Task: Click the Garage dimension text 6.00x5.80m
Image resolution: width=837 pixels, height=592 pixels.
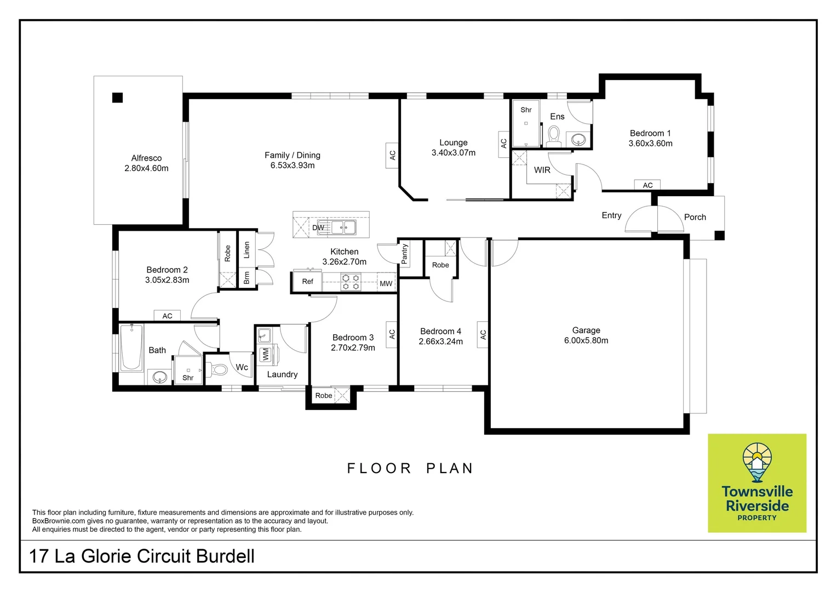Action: [586, 340]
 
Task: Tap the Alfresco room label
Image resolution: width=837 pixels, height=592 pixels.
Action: [146, 158]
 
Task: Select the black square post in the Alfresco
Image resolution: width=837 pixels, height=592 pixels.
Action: [117, 98]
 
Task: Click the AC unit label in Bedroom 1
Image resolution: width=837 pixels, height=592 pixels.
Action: [647, 185]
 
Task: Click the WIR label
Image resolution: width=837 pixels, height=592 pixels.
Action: [542, 170]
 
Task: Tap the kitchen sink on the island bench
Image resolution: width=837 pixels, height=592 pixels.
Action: [343, 227]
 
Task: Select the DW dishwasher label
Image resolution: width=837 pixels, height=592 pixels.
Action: [318, 227]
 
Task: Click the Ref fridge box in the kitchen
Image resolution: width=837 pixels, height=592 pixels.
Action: [307, 281]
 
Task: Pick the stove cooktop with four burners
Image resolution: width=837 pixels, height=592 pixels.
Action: [351, 282]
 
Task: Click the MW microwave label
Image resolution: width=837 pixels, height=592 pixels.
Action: [386, 283]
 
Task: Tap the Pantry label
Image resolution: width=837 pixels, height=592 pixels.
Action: [405, 254]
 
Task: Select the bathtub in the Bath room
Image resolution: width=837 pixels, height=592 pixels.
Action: [131, 347]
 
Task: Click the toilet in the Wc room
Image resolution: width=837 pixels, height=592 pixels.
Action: [219, 369]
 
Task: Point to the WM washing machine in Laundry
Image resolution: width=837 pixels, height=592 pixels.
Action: [266, 355]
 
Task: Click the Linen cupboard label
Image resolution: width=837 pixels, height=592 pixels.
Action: [247, 250]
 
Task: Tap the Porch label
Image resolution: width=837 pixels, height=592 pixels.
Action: [695, 217]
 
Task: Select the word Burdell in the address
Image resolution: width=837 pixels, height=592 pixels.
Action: [225, 556]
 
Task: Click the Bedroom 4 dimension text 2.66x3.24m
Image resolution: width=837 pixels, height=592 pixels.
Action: [440, 341]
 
